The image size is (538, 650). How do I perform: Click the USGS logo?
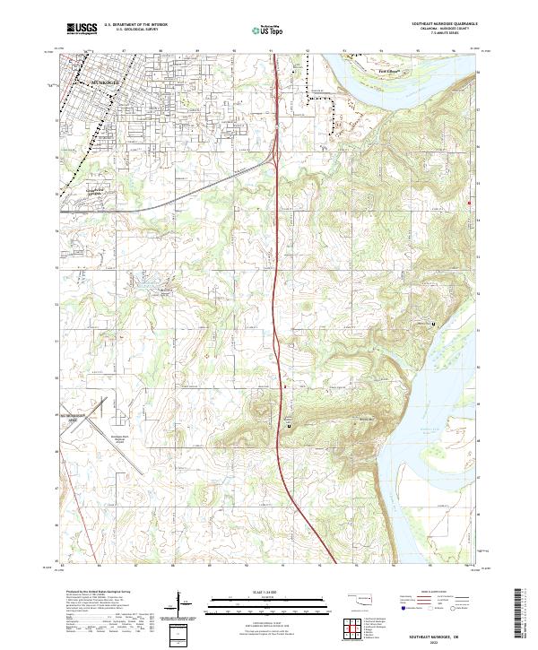(81, 30)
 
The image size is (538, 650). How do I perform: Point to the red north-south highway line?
(283, 359)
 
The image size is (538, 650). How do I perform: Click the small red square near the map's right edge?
(468, 204)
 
